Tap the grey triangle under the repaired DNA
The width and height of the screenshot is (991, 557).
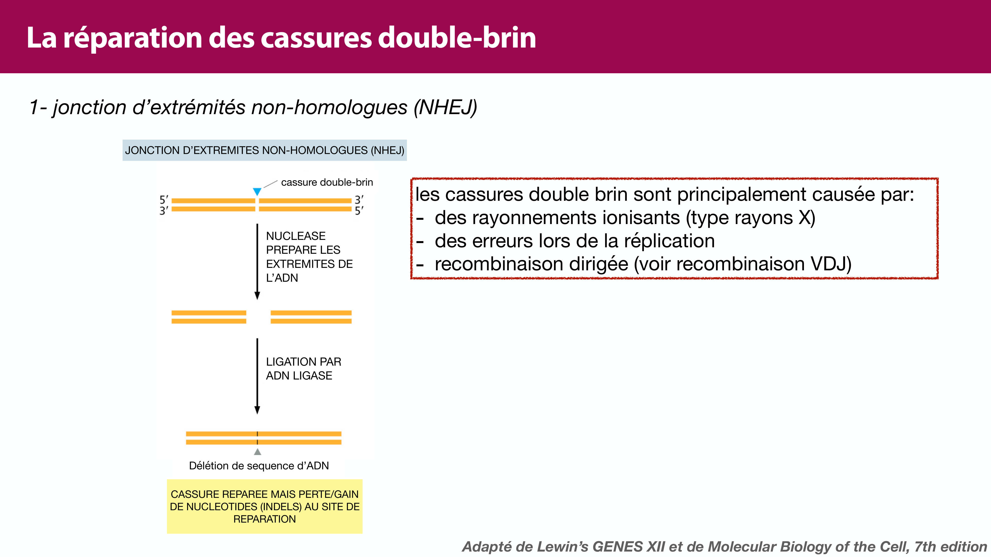coord(257,452)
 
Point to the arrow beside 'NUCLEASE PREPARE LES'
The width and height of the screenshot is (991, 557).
coord(257,261)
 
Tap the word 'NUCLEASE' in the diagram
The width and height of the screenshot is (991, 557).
coord(296,236)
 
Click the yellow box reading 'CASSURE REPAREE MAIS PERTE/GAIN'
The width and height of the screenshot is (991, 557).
coord(264,506)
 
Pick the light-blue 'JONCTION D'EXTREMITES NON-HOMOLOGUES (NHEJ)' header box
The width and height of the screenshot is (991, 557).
coord(264,150)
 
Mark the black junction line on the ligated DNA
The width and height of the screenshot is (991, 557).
coord(257,438)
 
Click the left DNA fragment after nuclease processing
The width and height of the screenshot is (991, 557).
coord(209,317)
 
